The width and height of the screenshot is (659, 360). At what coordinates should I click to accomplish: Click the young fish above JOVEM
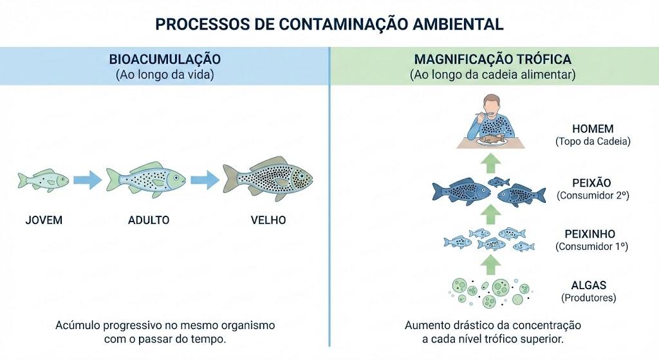coord(43,180)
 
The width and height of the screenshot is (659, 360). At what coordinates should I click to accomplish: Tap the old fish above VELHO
coord(268,178)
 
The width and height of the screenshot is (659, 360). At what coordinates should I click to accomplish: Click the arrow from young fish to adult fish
coord(88,180)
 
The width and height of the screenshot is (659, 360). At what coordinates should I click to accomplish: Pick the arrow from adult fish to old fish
coord(205,180)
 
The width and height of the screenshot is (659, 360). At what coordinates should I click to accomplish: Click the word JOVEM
coord(44,220)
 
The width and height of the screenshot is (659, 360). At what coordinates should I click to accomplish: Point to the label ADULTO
coord(149,220)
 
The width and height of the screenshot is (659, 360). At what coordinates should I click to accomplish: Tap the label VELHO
coord(268,220)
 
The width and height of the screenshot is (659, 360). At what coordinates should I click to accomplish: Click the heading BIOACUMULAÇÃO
coord(165,59)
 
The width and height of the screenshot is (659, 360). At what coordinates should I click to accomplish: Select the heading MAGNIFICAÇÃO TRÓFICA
coord(492,59)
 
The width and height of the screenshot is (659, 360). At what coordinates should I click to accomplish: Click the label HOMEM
coord(593,129)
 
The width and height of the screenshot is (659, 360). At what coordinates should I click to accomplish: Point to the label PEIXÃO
coord(592,183)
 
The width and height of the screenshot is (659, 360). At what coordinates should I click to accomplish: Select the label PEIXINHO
coord(590,234)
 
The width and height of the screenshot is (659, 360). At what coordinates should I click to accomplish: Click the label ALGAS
coord(588,285)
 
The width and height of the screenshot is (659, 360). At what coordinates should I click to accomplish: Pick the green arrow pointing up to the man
coord(490,163)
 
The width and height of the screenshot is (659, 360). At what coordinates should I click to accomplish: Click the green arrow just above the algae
coord(490,265)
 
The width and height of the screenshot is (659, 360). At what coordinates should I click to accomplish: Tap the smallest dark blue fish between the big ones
coord(499,182)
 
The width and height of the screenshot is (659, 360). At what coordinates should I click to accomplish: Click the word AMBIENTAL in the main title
coord(458,24)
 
